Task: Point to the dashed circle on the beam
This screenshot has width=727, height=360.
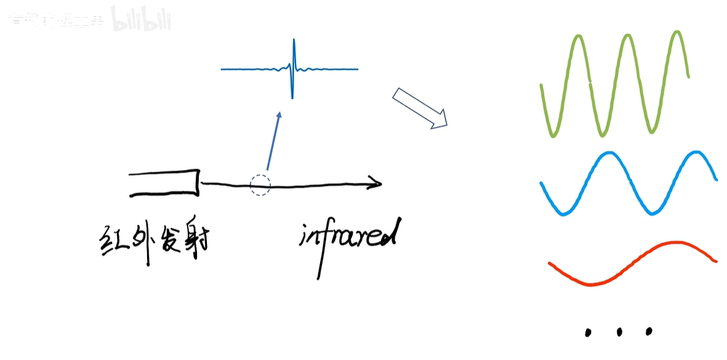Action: click(x=260, y=185)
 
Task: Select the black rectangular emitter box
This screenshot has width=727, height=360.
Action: click(x=164, y=183)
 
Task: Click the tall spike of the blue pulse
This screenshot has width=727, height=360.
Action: click(x=294, y=68)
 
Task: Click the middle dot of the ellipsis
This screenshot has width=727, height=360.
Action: click(x=619, y=332)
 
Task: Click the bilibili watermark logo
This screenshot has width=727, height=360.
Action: click(x=141, y=19)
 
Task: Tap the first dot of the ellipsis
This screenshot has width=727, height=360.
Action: click(x=588, y=333)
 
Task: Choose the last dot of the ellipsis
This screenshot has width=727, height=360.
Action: click(x=648, y=331)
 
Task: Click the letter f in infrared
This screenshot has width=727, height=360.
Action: click(x=323, y=246)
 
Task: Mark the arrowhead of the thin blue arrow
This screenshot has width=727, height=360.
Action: click(x=279, y=116)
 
